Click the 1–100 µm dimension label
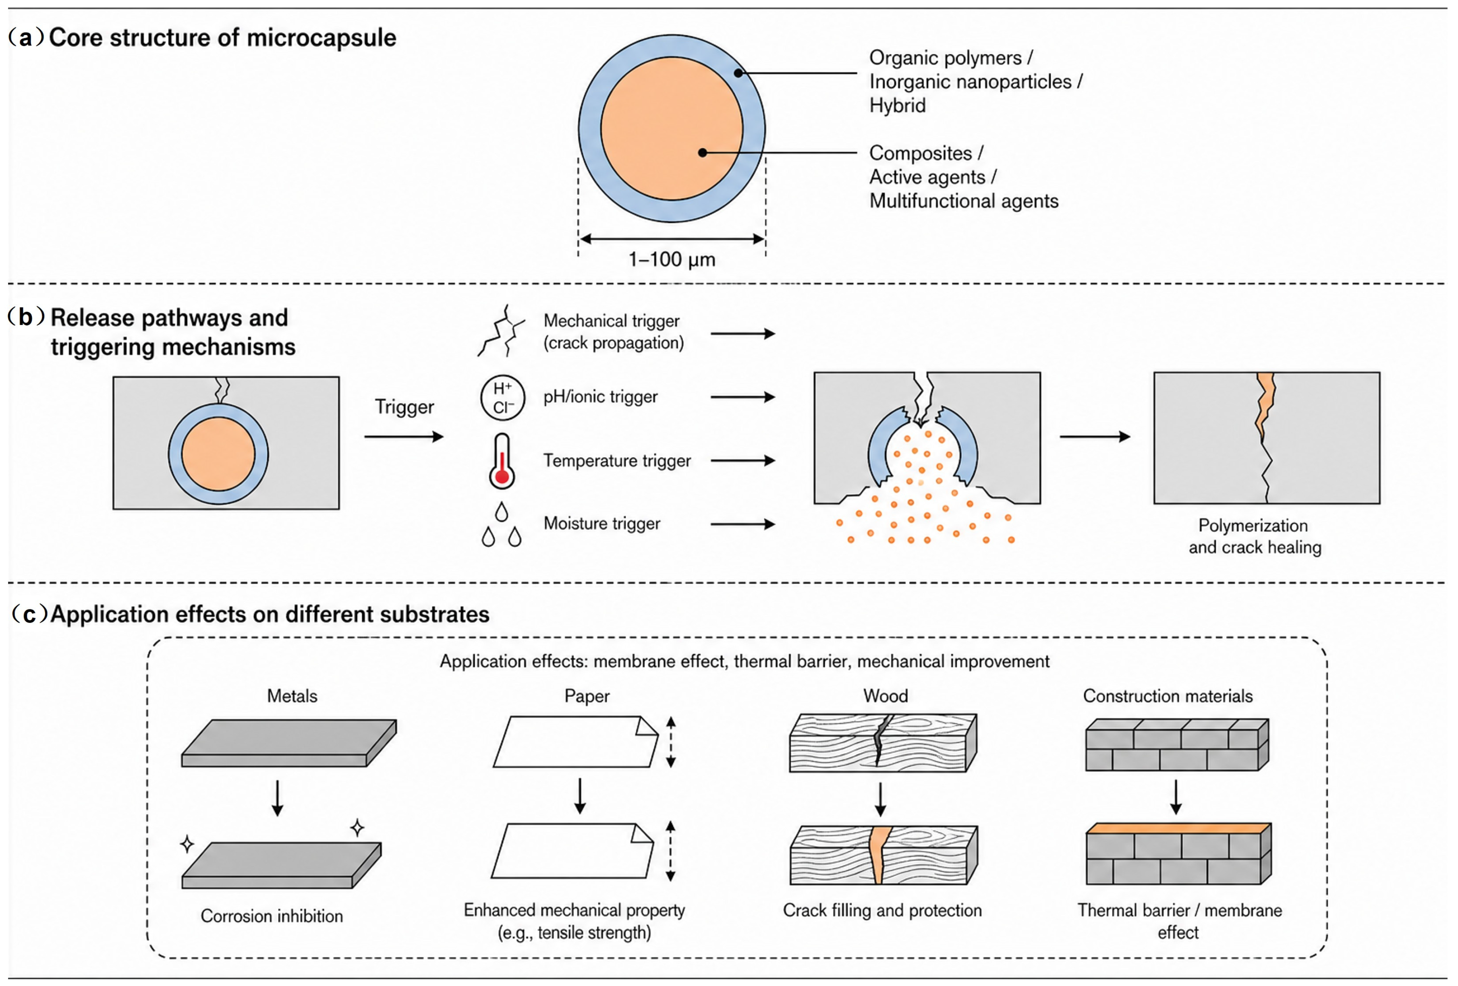(672, 259)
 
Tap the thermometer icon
(502, 460)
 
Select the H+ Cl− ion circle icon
(502, 398)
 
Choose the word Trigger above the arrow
(404, 407)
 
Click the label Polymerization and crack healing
(1255, 536)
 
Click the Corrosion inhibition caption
(272, 916)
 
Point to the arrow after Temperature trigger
(743, 460)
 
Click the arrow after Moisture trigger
(743, 524)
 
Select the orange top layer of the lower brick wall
(1178, 829)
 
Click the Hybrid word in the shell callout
(897, 106)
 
